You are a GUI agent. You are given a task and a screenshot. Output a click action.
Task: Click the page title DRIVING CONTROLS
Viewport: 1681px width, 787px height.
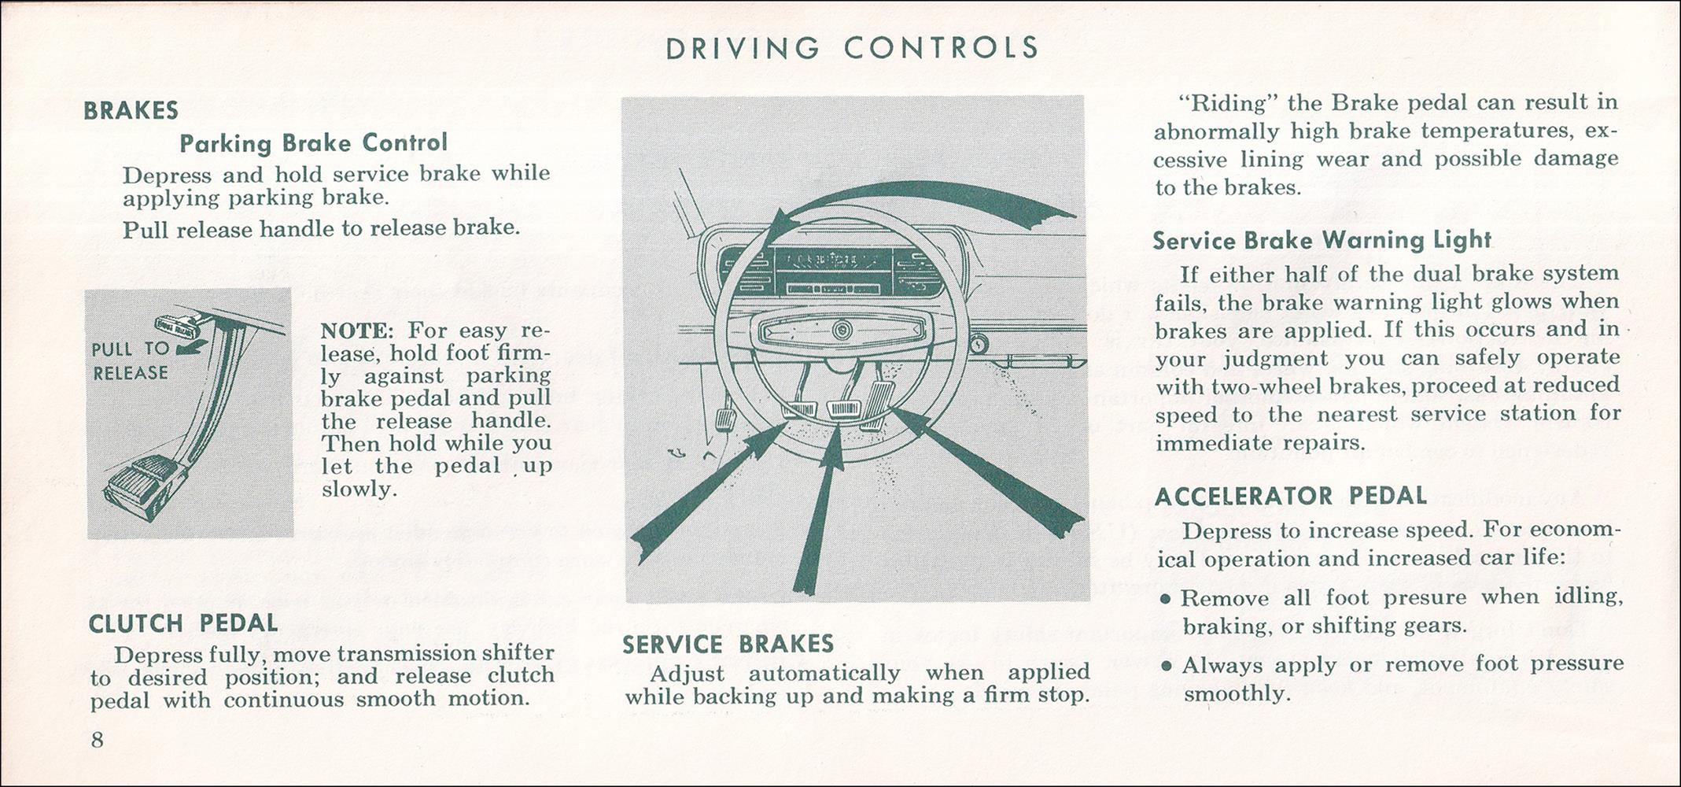click(x=852, y=48)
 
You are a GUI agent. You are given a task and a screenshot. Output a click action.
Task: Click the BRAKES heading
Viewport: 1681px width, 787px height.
click(x=131, y=110)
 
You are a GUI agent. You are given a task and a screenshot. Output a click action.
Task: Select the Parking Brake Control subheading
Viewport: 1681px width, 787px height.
click(x=313, y=143)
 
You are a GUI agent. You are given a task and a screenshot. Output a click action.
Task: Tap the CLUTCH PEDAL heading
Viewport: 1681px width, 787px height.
click(x=182, y=623)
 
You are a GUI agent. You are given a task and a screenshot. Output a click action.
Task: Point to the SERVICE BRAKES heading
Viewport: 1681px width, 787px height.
click(x=728, y=645)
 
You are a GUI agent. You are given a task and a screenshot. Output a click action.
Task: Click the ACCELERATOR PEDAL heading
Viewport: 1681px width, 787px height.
click(x=1290, y=496)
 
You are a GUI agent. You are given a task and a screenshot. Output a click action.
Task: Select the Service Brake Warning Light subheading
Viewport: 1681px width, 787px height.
click(x=1322, y=240)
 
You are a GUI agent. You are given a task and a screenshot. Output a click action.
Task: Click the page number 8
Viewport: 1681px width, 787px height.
click(x=98, y=740)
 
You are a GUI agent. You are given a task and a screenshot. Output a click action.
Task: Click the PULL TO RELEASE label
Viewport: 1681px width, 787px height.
click(x=131, y=360)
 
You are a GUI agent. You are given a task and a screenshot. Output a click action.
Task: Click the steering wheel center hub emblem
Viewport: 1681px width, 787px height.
click(x=841, y=329)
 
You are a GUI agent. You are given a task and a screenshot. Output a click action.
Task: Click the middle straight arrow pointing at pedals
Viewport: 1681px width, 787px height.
click(x=820, y=512)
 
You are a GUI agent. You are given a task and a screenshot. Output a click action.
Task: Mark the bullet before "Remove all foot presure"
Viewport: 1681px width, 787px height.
click(x=1167, y=599)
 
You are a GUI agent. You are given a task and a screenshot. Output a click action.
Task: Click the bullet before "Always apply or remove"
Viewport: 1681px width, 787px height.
click(x=1167, y=666)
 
